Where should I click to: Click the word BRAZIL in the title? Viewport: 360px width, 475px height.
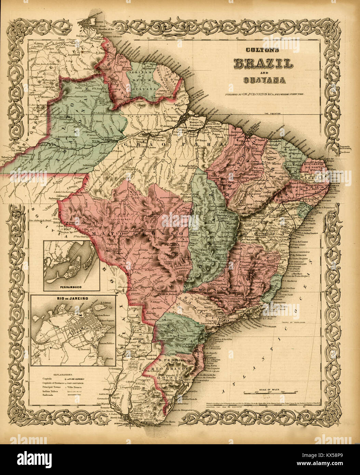click(263, 63)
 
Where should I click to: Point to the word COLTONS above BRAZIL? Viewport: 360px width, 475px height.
click(263, 50)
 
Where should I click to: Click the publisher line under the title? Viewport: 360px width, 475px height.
click(264, 94)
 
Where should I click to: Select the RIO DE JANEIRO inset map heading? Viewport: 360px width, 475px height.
click(73, 298)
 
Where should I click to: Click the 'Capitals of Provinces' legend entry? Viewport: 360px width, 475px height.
click(53, 383)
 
